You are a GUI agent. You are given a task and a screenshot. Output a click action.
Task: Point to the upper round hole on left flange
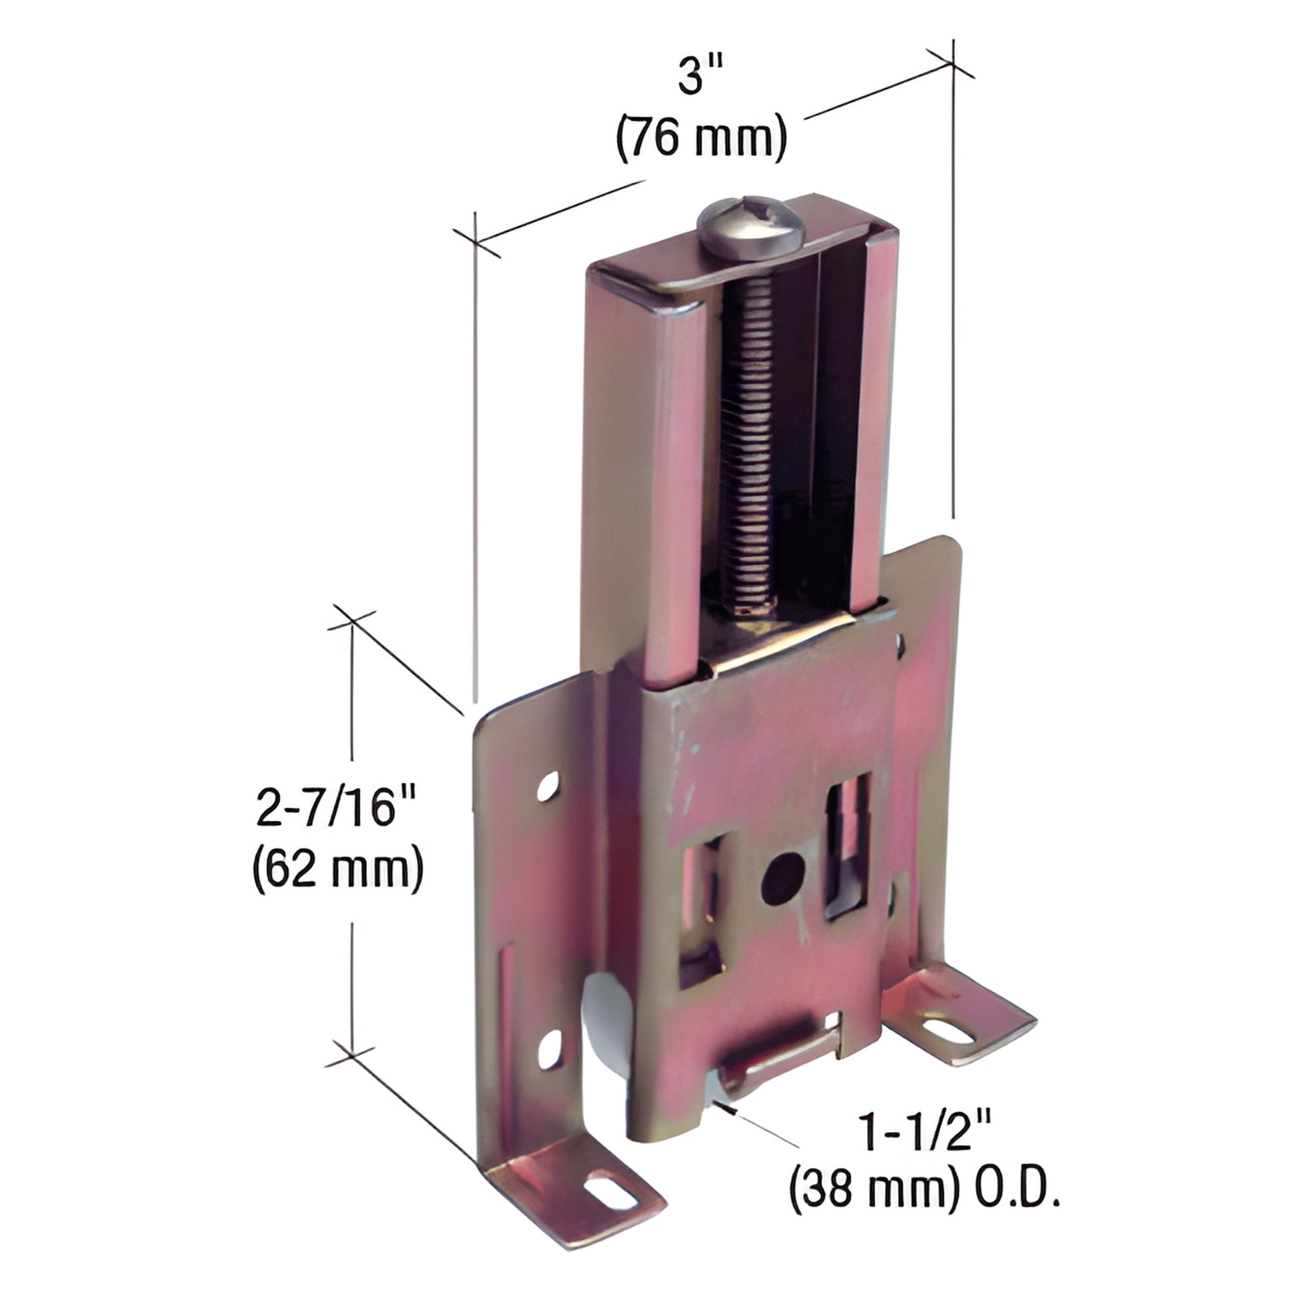point(549,784)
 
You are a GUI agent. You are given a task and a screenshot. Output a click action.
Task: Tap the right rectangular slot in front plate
point(848,847)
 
